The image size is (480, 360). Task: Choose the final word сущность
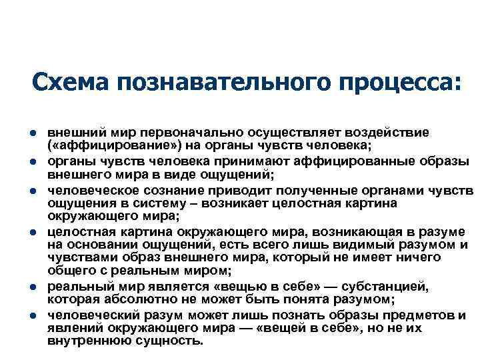[169, 340]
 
